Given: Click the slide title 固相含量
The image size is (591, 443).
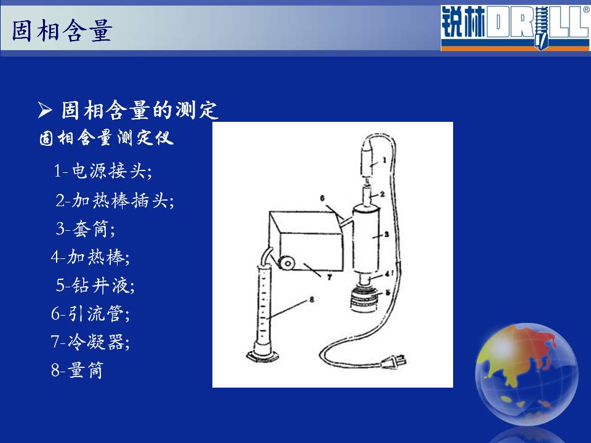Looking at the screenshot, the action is point(62,30).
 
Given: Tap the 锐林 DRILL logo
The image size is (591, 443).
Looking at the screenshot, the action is point(515,28).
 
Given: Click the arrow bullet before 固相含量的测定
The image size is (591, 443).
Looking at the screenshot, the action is point(45,110).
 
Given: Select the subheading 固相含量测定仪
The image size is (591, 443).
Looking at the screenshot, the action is point(107,137).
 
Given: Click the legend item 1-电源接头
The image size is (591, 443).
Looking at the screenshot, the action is point(103,170).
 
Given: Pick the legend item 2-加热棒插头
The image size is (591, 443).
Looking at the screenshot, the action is point(115,200).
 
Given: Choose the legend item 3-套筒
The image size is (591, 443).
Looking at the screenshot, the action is point(86,229).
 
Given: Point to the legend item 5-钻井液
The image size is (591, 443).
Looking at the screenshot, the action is point(95,285).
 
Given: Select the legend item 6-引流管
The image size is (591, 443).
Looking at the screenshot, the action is point(90,313).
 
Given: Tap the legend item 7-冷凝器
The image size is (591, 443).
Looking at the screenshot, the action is point(90,342).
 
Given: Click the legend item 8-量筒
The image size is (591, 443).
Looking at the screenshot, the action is point(77,370).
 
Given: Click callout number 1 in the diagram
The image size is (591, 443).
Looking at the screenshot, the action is point(384,160).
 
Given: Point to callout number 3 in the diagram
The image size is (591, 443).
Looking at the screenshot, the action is point(387,234).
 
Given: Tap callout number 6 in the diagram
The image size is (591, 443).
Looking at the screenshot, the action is point(322,198).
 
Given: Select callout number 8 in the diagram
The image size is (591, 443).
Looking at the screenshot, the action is point(312,300).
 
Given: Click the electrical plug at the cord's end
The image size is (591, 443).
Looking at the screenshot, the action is point(393,362).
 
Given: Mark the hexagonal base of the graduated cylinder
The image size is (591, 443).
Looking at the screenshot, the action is point(263,356).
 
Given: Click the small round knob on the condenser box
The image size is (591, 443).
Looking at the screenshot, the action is point(287,263).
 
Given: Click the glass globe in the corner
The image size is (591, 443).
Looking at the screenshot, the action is point(526,375).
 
